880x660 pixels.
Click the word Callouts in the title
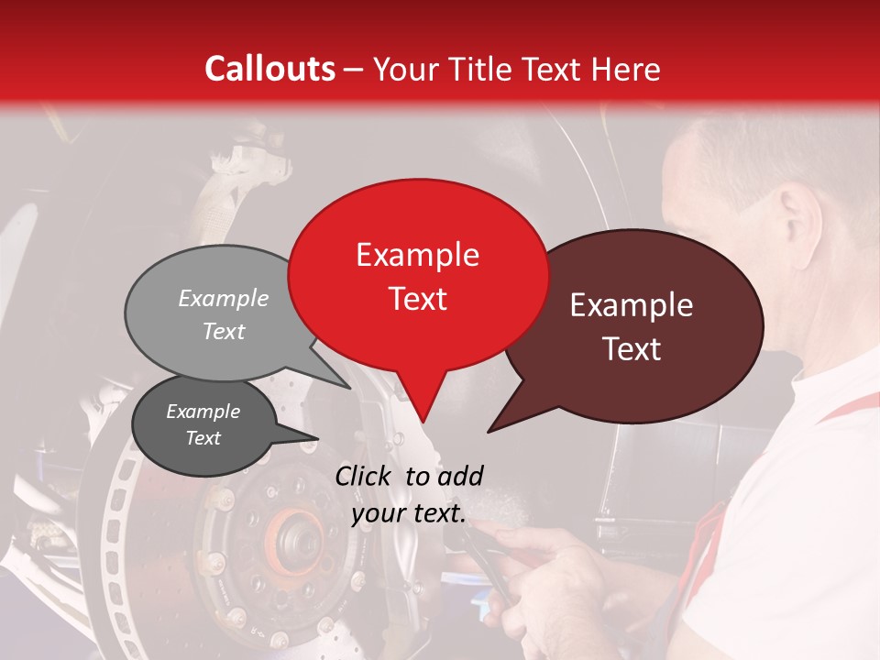coord(269,69)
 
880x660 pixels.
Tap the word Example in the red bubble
coord(418,255)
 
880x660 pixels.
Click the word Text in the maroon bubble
coord(632,349)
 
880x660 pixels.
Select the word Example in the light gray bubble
coord(224,298)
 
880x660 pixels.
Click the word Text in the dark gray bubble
coord(203,438)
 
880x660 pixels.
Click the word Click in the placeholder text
coord(364,476)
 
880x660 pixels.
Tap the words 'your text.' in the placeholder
coord(409,514)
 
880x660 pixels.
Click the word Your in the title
coord(406,69)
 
